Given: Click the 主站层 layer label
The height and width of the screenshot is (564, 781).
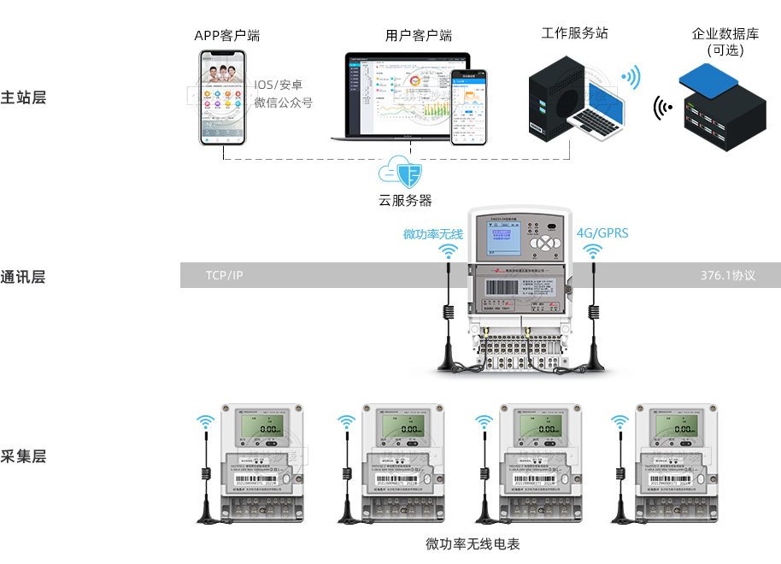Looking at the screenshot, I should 23,97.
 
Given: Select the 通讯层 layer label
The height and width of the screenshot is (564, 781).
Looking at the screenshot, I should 23,277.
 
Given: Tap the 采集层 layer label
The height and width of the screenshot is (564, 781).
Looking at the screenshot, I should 23,455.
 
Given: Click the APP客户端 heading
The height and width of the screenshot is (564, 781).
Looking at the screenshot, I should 226,36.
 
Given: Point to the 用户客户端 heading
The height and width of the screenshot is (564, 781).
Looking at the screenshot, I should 418,36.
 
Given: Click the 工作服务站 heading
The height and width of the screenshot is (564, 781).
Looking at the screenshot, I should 574,33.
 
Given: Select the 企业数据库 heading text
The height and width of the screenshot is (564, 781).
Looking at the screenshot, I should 725,34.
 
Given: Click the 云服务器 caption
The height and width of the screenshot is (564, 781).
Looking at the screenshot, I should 405,201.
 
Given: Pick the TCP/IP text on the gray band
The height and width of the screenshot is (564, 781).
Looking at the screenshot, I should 224,275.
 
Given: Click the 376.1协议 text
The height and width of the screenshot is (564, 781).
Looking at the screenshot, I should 728,275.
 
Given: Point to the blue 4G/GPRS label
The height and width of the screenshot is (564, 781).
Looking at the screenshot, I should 602,232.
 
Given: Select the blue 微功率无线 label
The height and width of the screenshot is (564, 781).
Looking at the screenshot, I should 432,233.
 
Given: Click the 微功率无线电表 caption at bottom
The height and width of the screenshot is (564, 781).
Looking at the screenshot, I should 473,543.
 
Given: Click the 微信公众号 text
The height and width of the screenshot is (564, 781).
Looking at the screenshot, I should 283,103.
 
